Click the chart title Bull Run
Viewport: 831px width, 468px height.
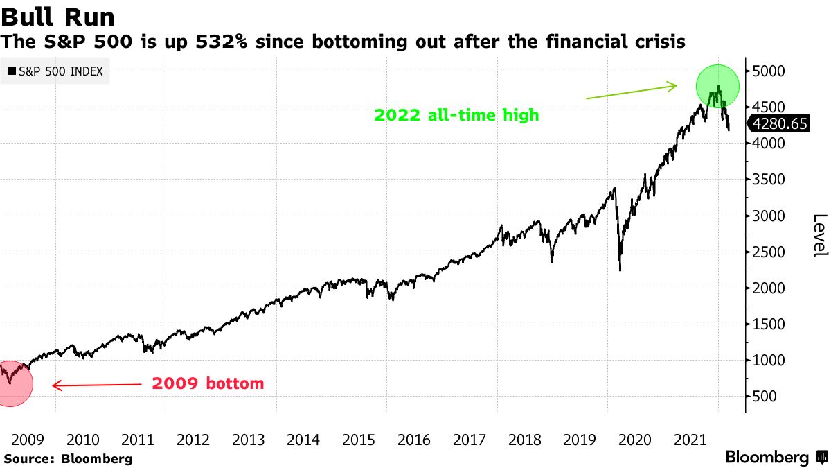(x=58, y=16)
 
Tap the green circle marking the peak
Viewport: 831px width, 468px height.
(x=717, y=87)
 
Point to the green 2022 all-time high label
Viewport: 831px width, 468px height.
(x=456, y=115)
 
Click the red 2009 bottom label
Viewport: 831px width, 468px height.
(x=208, y=383)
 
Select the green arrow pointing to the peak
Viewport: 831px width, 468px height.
(x=631, y=92)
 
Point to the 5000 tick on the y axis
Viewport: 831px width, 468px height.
(x=768, y=71)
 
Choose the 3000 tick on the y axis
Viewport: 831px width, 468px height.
(x=768, y=216)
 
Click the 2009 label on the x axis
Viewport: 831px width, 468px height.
(x=28, y=440)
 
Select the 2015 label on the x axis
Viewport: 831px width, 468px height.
(x=358, y=440)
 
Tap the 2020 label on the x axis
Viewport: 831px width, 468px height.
(x=634, y=440)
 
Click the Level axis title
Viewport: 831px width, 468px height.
(x=819, y=235)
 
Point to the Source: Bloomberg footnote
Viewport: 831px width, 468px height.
(x=68, y=458)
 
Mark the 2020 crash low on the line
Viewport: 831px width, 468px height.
(x=620, y=270)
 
